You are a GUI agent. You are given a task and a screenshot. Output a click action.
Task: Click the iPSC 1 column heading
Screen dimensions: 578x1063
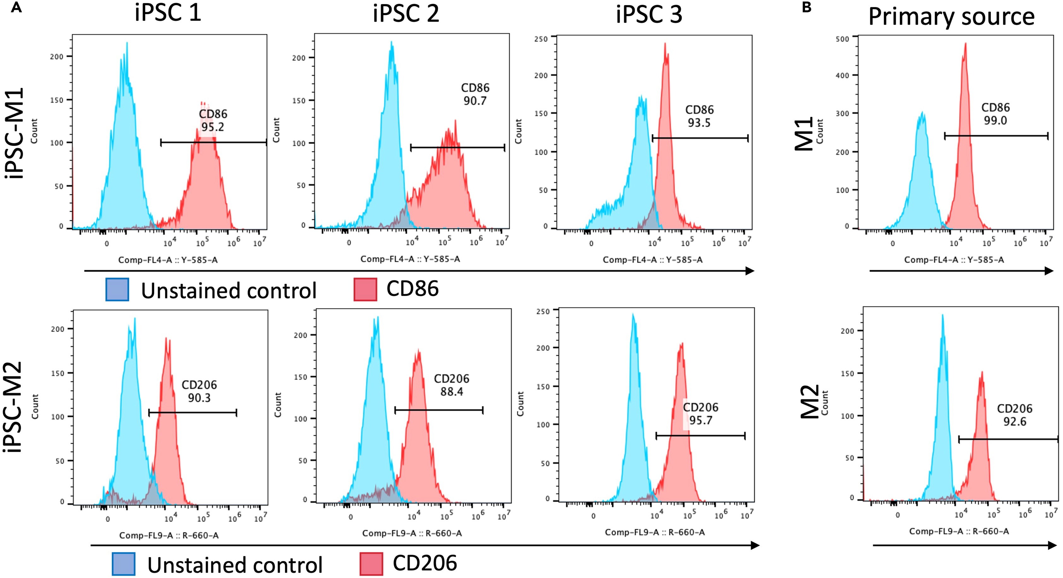pos(168,13)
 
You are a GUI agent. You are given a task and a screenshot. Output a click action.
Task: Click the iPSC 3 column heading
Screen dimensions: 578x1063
pos(649,14)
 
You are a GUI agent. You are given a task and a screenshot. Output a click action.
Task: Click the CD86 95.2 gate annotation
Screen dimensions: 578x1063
pos(213,120)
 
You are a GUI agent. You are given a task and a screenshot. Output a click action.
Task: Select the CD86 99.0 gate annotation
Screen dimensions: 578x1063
pos(995,114)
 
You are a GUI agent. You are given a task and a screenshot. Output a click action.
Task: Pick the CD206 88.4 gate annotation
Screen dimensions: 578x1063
pos(451,385)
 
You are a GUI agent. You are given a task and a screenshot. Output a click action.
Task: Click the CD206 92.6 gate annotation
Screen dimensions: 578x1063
pos(1014,415)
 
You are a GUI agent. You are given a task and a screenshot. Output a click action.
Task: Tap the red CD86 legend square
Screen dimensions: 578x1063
pos(365,289)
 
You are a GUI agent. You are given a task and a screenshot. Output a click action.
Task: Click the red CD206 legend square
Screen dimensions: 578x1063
pos(371,564)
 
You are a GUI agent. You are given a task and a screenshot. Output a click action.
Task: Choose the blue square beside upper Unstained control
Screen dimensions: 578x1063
pos(117,289)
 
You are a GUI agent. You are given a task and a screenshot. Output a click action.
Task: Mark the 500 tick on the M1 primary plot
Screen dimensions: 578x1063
pos(842,39)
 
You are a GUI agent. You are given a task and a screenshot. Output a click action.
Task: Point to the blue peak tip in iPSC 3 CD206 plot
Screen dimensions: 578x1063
pos(633,314)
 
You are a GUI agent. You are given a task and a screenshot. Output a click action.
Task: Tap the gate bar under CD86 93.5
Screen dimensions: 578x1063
pos(700,138)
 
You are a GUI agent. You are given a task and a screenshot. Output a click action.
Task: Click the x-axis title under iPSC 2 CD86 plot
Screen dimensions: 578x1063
pos(410,259)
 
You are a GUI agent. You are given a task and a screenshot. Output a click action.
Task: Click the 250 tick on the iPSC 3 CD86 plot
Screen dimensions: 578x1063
pos(541,39)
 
